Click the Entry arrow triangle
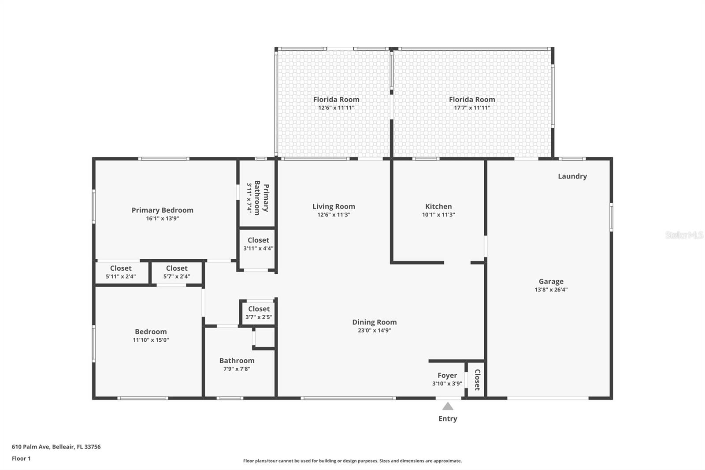pyautogui.click(x=448, y=406)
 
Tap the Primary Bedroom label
pyautogui.click(x=162, y=210)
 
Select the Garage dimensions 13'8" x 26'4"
pyautogui.click(x=551, y=290)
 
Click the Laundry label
pyautogui.click(x=572, y=176)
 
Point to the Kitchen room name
pyautogui.click(x=438, y=206)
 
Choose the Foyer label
pyautogui.click(x=447, y=376)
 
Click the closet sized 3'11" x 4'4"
pyautogui.click(x=258, y=244)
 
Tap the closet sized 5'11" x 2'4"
pyautogui.click(x=121, y=272)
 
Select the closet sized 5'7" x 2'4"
pyautogui.click(x=177, y=272)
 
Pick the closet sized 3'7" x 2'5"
pyautogui.click(x=259, y=313)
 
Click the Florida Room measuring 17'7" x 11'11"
pyautogui.click(x=472, y=103)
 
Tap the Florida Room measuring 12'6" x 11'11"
pyautogui.click(x=336, y=103)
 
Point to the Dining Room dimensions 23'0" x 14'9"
pyautogui.click(x=374, y=330)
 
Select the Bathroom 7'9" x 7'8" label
pyautogui.click(x=237, y=364)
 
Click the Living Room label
pyautogui.click(x=334, y=206)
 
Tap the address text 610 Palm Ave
pyautogui.click(x=56, y=447)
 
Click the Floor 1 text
pyautogui.click(x=21, y=459)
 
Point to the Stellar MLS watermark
pyautogui.click(x=684, y=235)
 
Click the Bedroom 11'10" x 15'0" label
pyautogui.click(x=151, y=335)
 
